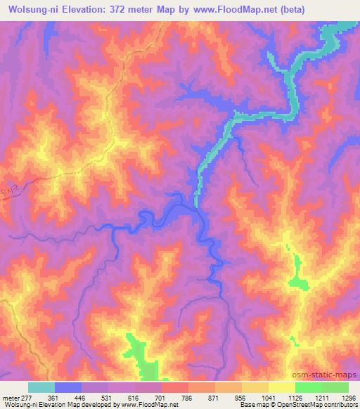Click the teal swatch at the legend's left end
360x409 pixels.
coord(41,387)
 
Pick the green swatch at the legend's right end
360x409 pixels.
coord(335,387)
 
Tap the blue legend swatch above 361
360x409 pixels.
coord(68,387)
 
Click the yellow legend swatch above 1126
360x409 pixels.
coord(282,387)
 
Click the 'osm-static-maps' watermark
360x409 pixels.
coord(325,373)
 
